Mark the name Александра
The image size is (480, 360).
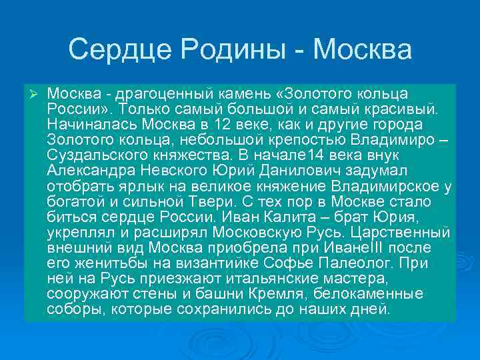tap(88, 171)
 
